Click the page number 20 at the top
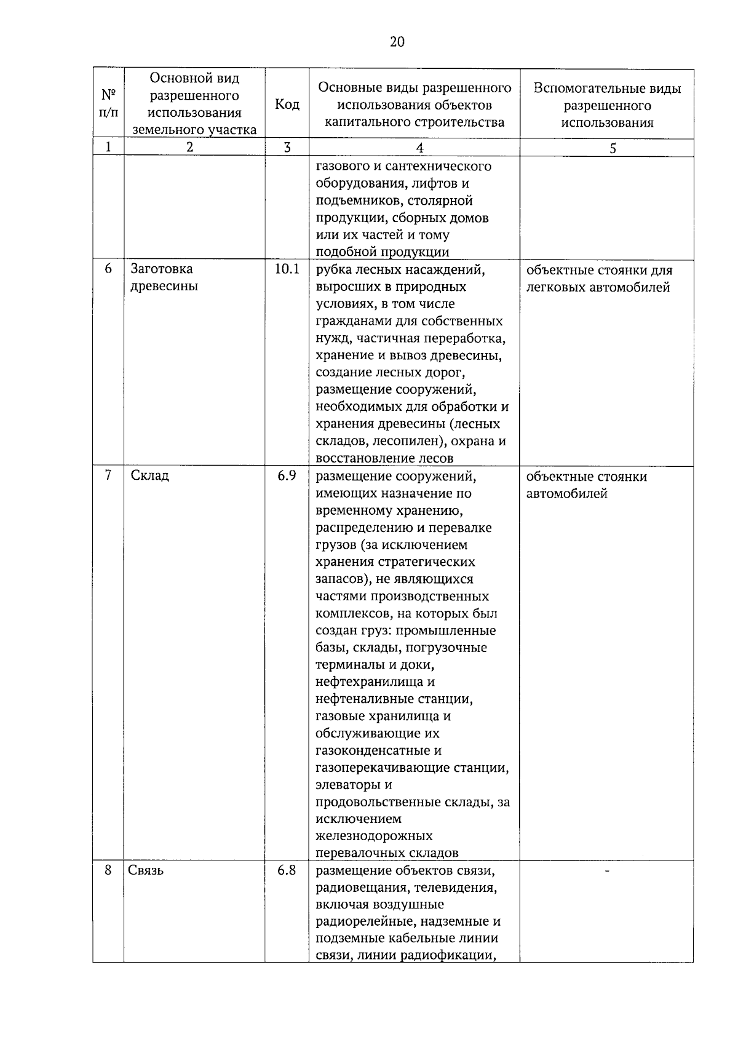click(397, 42)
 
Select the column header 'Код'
click(287, 105)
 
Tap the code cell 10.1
click(287, 269)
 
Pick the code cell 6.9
click(287, 475)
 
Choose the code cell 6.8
click(287, 870)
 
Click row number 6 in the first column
click(108, 269)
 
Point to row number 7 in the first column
click(108, 475)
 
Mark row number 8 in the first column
click(108, 870)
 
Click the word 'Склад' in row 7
click(150, 475)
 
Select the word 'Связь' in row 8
click(146, 870)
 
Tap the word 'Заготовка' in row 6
click(162, 269)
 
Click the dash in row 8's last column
click(607, 870)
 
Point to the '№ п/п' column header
click(108, 104)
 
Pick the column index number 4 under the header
click(419, 148)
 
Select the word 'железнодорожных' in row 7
click(374, 836)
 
